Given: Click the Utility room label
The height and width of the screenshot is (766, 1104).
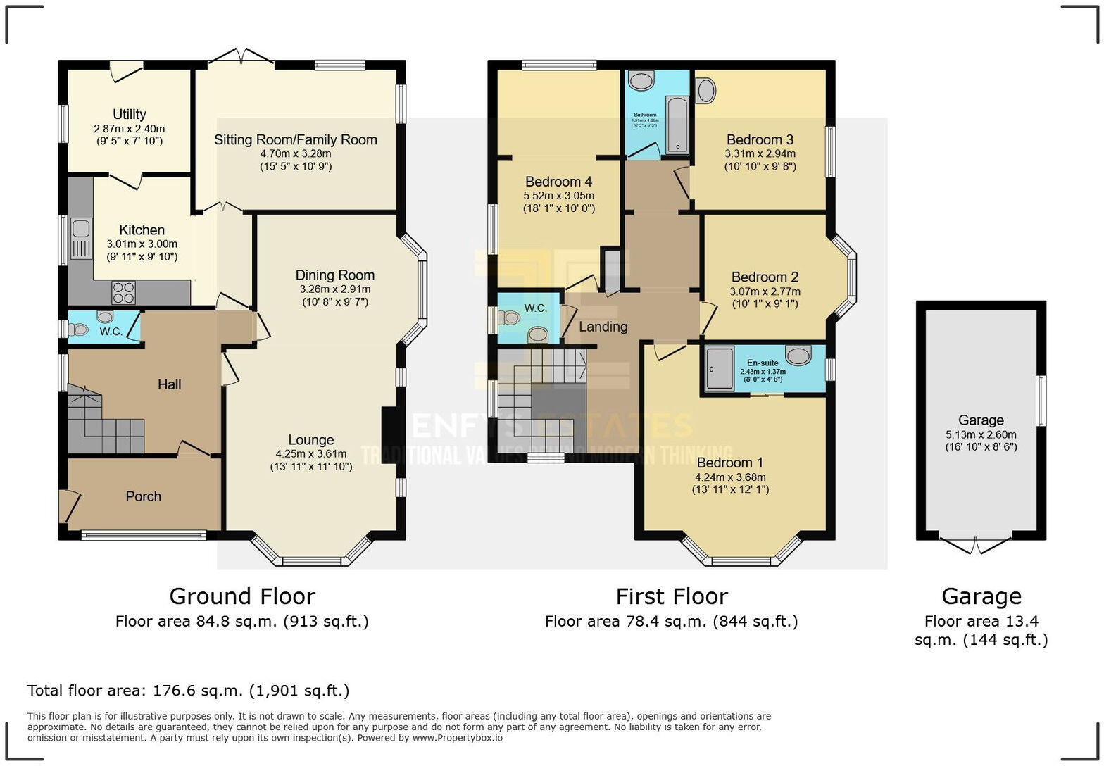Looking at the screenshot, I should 130,114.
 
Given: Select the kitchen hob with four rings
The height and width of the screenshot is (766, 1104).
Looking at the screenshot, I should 123,291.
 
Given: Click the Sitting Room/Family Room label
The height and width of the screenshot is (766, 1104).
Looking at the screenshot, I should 296,139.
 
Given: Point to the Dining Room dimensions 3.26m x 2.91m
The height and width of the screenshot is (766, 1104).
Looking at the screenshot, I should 334,289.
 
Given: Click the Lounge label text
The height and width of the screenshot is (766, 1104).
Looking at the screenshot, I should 310,440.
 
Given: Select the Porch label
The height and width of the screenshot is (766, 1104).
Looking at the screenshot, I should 144,496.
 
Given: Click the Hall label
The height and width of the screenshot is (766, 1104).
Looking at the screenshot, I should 169,384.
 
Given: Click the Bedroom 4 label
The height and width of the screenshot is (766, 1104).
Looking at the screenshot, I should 558,182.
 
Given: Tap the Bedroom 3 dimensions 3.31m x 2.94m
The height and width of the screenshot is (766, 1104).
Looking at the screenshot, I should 760,153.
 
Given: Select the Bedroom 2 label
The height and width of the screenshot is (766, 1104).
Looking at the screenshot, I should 765,277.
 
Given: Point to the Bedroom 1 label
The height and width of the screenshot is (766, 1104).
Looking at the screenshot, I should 729,463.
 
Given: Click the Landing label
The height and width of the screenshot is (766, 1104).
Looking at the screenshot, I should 603,327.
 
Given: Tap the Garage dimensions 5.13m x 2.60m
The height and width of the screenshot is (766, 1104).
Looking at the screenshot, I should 981,434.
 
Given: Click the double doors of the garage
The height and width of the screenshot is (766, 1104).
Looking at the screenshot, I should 976,545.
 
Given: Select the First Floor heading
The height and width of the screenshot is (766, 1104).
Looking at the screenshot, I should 671,596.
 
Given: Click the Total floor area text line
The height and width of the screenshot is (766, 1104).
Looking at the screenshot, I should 188,691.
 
